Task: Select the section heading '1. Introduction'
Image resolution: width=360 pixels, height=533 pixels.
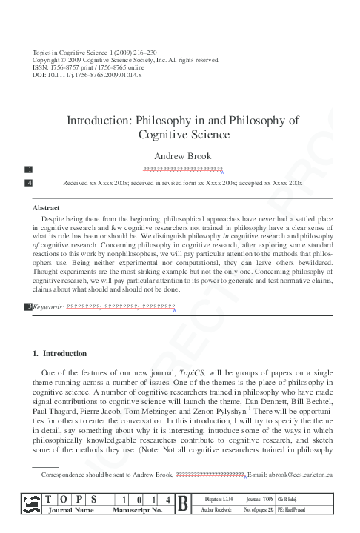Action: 60,353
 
